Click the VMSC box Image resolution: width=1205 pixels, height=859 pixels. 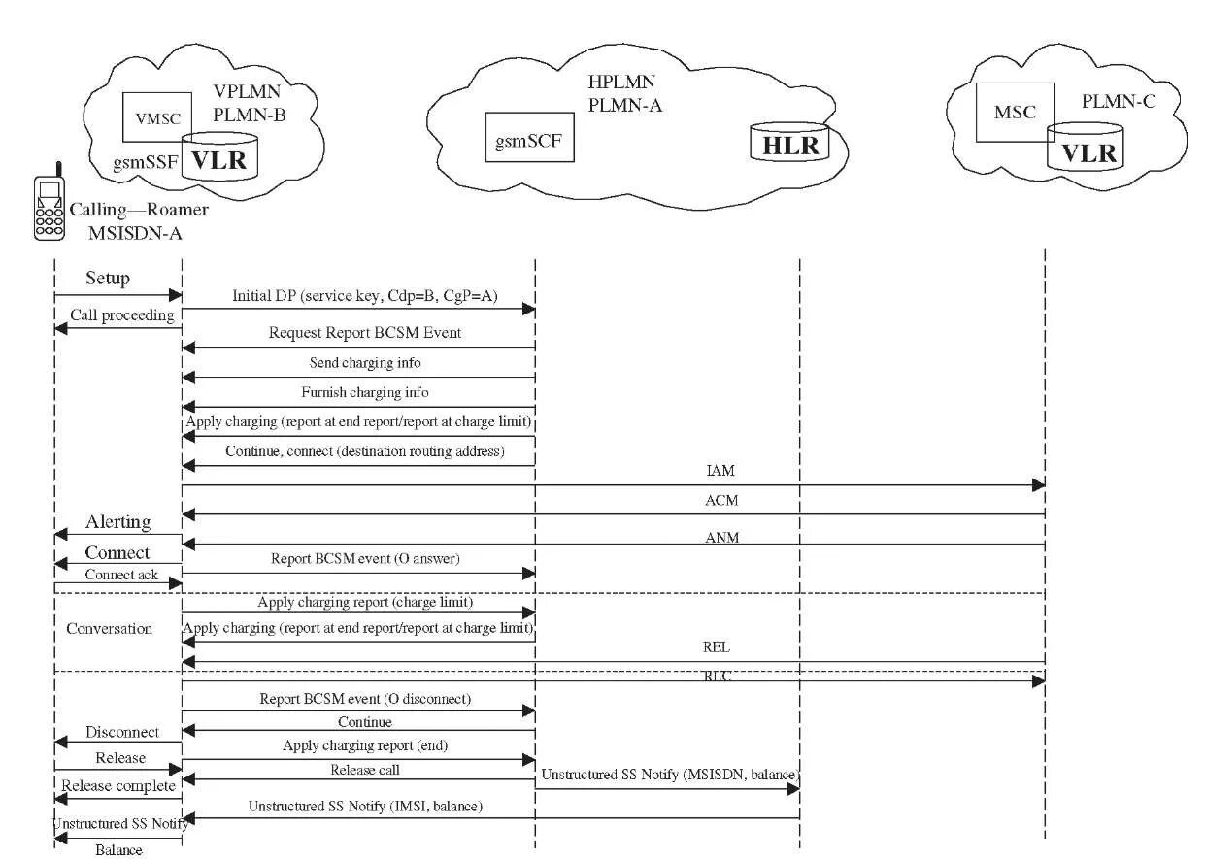(158, 117)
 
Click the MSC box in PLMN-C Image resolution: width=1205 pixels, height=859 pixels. (1015, 113)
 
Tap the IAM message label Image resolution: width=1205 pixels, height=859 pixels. (720, 471)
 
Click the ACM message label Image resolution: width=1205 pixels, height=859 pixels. (720, 501)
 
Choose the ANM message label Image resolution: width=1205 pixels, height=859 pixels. (720, 537)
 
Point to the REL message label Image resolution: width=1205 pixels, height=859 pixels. (716, 647)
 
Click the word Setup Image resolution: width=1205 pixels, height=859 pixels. (108, 279)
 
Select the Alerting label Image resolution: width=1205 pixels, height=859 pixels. (117, 521)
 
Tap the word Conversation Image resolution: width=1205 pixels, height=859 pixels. (109, 628)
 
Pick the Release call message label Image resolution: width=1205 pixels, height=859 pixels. (364, 770)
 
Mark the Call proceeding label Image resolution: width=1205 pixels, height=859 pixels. (121, 314)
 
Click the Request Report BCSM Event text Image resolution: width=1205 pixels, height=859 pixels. (364, 333)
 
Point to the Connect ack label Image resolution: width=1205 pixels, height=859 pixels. (120, 575)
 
